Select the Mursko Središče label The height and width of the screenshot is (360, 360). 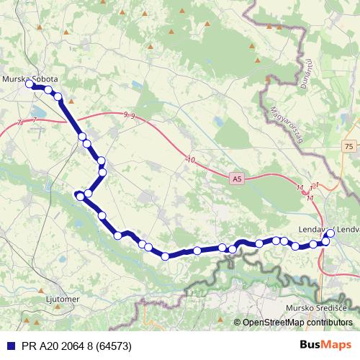point(317,308)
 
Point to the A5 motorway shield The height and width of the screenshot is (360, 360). point(238,177)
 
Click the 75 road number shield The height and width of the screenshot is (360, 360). point(349,146)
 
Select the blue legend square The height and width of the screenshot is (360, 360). point(10,346)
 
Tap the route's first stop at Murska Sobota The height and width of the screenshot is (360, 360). point(30,84)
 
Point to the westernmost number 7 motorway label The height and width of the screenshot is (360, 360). point(19,123)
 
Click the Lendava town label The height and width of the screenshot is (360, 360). point(315,230)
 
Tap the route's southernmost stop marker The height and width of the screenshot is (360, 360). point(166,256)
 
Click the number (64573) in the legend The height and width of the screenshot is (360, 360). point(109,346)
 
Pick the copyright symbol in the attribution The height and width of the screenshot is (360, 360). point(238,323)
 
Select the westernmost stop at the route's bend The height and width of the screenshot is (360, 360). point(78,194)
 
